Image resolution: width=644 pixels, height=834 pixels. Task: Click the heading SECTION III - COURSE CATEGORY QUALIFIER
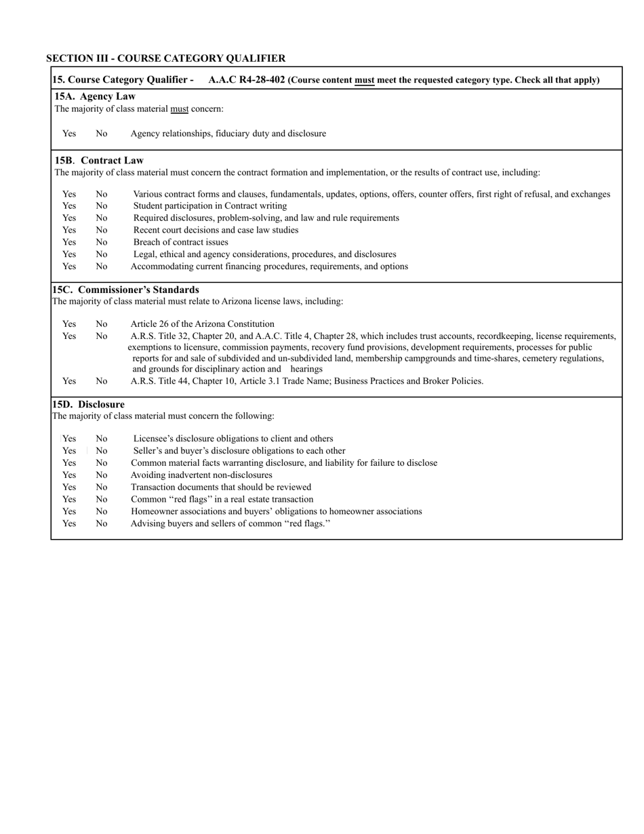click(165, 58)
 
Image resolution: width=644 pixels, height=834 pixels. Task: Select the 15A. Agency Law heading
click(95, 96)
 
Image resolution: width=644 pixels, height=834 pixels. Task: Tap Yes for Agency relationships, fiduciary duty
click(69, 134)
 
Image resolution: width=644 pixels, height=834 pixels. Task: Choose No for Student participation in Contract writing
click(101, 206)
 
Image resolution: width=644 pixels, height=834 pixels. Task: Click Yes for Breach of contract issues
click(69, 242)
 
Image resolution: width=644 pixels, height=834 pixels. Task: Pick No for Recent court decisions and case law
click(101, 230)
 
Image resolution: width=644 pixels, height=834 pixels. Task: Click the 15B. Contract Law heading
click(99, 161)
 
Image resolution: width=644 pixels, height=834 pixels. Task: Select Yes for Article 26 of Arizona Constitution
click(69, 324)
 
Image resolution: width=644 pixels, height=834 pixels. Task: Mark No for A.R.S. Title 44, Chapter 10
click(101, 381)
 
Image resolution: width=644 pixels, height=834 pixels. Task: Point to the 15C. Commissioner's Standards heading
click(125, 290)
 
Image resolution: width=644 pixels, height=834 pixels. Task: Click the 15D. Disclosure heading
click(88, 405)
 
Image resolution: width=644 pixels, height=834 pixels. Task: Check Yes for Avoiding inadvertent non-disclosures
click(69, 475)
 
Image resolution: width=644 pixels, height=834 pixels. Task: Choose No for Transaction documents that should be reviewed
click(101, 488)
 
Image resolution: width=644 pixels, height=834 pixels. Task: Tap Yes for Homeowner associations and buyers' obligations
click(69, 511)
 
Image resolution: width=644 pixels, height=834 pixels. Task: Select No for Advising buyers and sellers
click(101, 523)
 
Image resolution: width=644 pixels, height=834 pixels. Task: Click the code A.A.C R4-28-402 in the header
click(247, 80)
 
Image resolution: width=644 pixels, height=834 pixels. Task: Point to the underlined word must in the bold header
click(365, 80)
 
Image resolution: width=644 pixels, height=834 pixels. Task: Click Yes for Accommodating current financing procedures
click(69, 266)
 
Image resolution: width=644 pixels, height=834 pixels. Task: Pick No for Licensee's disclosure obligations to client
click(101, 439)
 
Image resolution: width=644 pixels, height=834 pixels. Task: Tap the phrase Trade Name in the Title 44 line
click(304, 381)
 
